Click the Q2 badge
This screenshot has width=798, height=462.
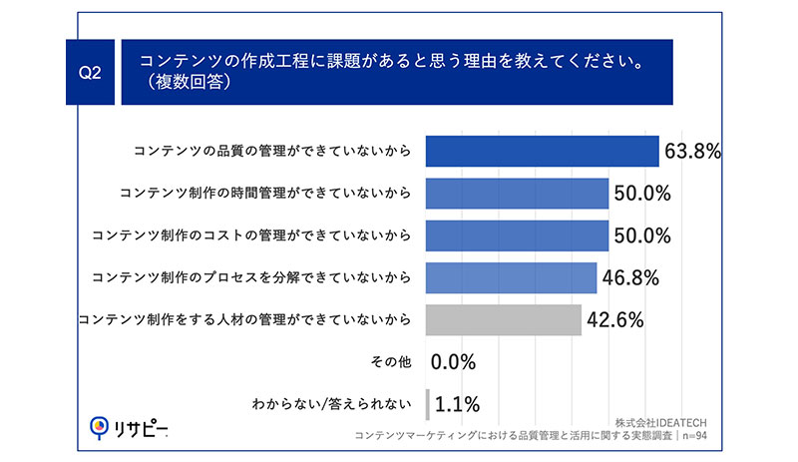[90, 73]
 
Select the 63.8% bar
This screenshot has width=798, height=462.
[542, 151]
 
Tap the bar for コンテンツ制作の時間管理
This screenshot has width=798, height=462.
[517, 193]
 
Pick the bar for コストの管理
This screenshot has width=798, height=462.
[517, 235]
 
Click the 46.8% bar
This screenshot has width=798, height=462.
[511, 277]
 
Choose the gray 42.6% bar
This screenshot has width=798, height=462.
[504, 320]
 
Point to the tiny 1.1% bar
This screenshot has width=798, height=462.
[427, 404]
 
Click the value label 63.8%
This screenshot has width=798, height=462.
[691, 152]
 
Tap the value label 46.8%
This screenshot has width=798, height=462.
[630, 278]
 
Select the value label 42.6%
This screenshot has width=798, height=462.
[614, 320]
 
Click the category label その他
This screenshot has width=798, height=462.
[390, 362]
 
